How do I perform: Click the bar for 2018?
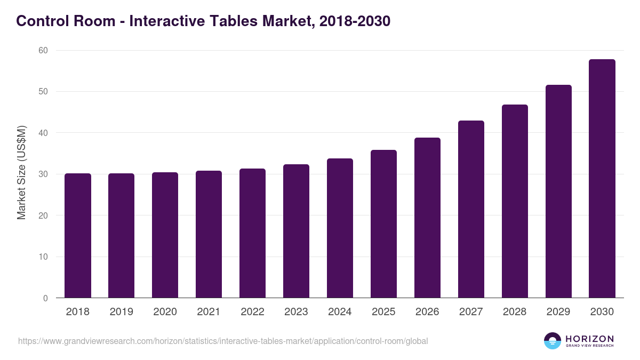pos(78,236)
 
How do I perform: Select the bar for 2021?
pos(209,234)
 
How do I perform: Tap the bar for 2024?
pos(340,228)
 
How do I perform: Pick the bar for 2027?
pos(471,209)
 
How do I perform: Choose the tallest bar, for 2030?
pos(602,179)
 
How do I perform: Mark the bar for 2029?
pos(558,191)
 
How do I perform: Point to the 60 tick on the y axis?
pos(43,51)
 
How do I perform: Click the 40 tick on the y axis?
pos(43,133)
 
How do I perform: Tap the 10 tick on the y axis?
pos(43,257)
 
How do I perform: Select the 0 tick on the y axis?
pos(45,298)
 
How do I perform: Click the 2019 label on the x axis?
pos(122,312)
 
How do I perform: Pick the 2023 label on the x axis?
pos(296,312)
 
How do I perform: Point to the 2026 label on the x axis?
pos(427,312)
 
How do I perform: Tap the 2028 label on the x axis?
pos(515,312)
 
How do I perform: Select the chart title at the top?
pos(203,21)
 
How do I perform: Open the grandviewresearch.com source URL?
pos(223,341)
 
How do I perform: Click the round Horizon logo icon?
pos(553,341)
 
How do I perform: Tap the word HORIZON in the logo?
pos(589,339)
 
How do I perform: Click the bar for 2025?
pos(383,224)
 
